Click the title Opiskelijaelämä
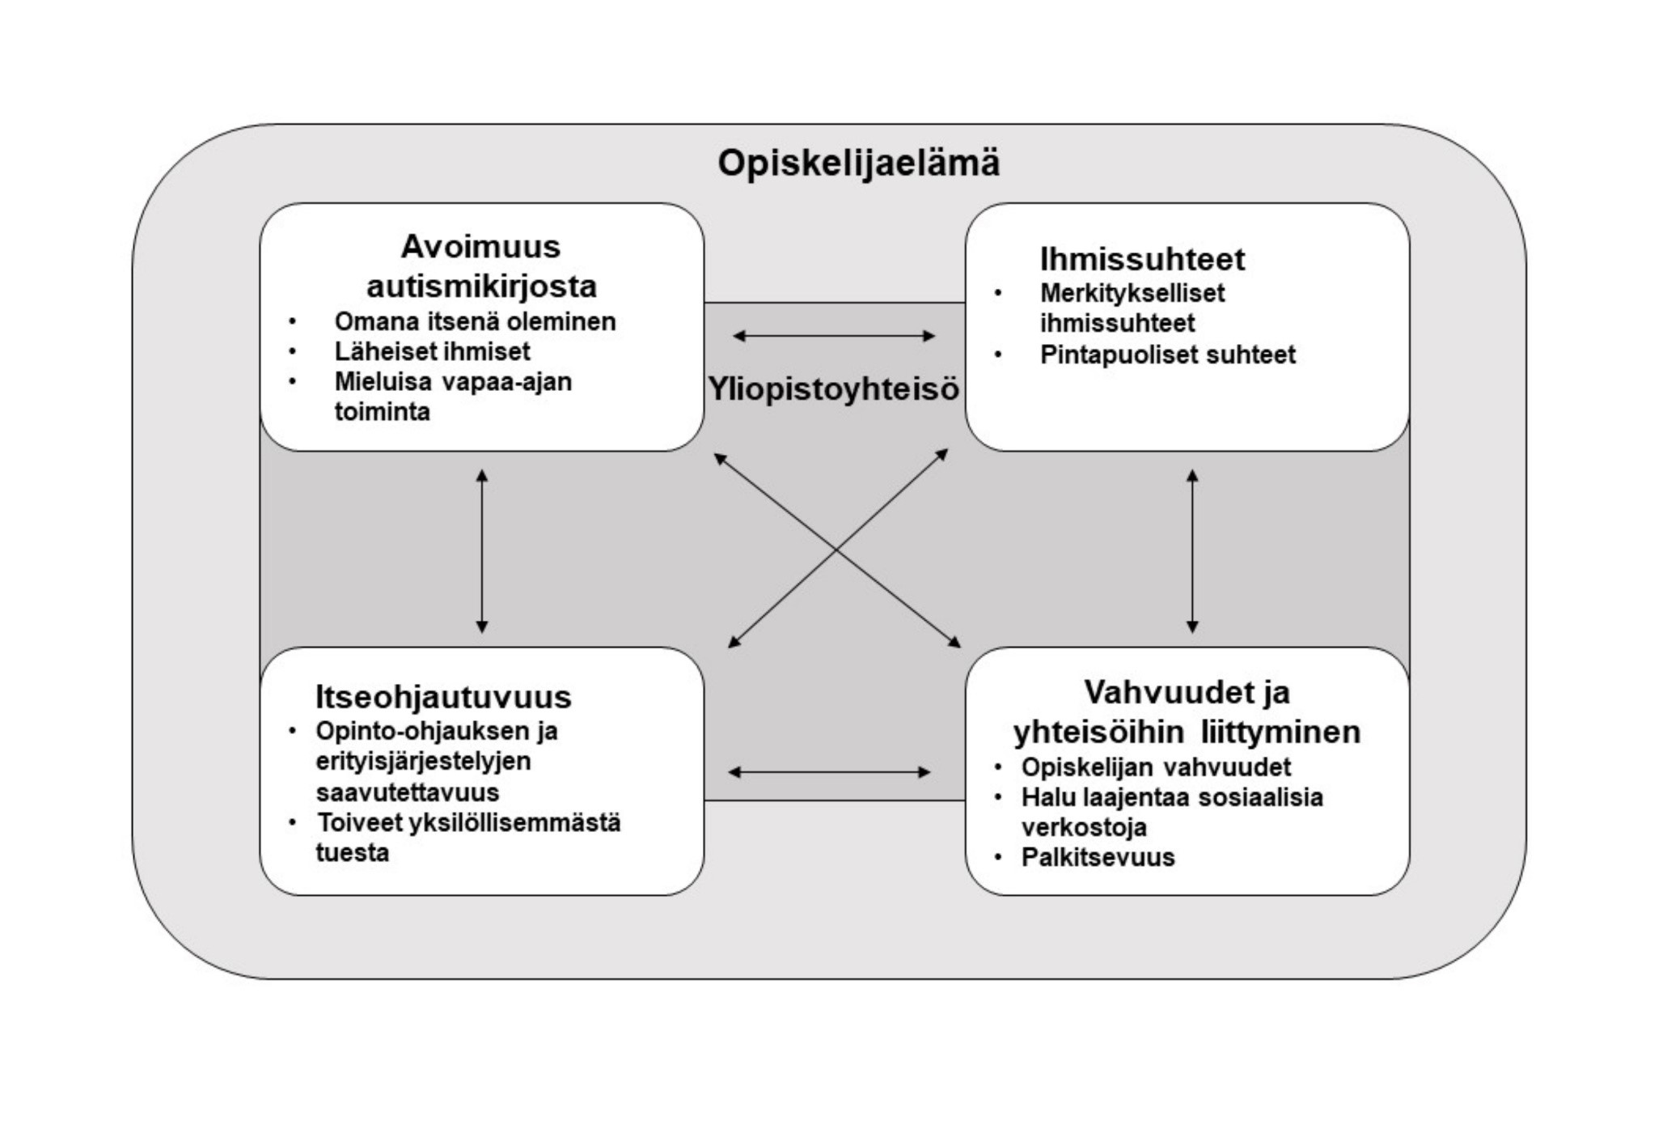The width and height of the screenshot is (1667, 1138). [858, 163]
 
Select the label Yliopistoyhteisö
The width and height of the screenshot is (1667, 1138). [834, 389]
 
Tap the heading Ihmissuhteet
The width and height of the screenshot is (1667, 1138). [1141, 259]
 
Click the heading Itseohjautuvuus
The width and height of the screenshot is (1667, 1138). [442, 697]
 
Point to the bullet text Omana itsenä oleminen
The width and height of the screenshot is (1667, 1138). [475, 321]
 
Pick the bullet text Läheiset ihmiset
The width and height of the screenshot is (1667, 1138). [432, 351]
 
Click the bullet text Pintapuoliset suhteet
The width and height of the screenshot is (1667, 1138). [1167, 355]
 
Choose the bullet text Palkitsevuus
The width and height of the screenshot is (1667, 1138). [1098, 857]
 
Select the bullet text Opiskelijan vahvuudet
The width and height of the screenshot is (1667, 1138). [1155, 766]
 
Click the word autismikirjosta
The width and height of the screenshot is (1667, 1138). [481, 286]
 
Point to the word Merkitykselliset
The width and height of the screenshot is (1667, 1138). [1132, 292]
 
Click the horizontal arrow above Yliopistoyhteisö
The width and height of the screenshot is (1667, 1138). [834, 335]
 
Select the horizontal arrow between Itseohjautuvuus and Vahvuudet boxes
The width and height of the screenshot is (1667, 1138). [829, 772]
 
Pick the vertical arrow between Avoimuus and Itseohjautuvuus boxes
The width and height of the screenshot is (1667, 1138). [482, 550]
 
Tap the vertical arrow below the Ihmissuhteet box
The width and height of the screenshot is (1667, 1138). [1191, 550]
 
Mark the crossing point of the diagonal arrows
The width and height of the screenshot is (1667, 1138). [836, 550]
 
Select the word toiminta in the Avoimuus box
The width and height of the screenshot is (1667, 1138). [382, 411]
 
